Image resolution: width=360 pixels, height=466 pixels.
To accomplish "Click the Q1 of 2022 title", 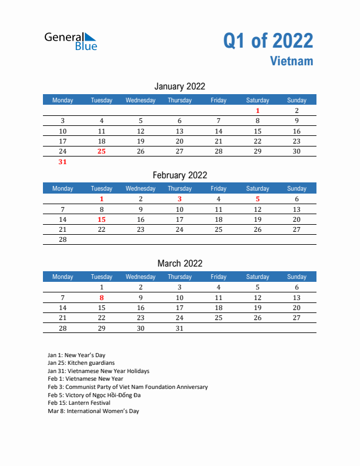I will click(x=268, y=41).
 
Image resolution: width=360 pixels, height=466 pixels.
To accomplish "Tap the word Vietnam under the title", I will click(x=292, y=61).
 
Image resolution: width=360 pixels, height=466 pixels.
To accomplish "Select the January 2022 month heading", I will click(x=179, y=86).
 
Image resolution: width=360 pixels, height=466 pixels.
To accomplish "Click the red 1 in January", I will click(x=258, y=111).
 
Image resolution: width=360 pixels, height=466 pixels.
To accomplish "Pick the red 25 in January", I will click(x=101, y=151).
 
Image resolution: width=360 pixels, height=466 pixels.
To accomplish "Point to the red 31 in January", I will click(x=63, y=162).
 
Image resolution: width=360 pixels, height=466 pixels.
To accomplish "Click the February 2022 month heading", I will click(x=179, y=175).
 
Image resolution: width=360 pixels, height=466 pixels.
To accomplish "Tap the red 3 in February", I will click(x=179, y=199).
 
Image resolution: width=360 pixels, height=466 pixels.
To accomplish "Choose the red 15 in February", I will click(x=101, y=219).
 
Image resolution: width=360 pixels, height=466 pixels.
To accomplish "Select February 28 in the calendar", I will click(x=63, y=239).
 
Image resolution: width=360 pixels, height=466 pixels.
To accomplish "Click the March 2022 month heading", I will click(x=179, y=263).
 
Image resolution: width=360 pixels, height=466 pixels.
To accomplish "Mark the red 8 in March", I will click(x=101, y=298).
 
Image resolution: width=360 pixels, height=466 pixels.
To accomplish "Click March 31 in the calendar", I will click(x=179, y=328).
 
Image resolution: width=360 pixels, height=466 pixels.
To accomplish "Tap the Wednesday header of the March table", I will click(x=141, y=277).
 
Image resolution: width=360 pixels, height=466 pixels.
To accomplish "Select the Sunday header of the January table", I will click(x=296, y=100).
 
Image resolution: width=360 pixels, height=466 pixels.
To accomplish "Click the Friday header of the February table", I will click(x=218, y=188).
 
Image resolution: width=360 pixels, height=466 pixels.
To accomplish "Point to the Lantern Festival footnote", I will click(x=79, y=403).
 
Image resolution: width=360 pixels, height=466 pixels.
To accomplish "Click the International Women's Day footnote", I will click(x=94, y=411).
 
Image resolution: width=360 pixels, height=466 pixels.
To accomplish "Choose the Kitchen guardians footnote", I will click(x=81, y=363).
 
